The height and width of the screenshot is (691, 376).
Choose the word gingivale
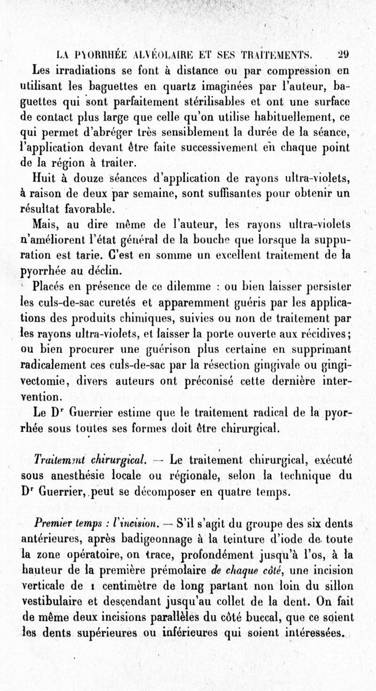[x=291, y=364]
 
